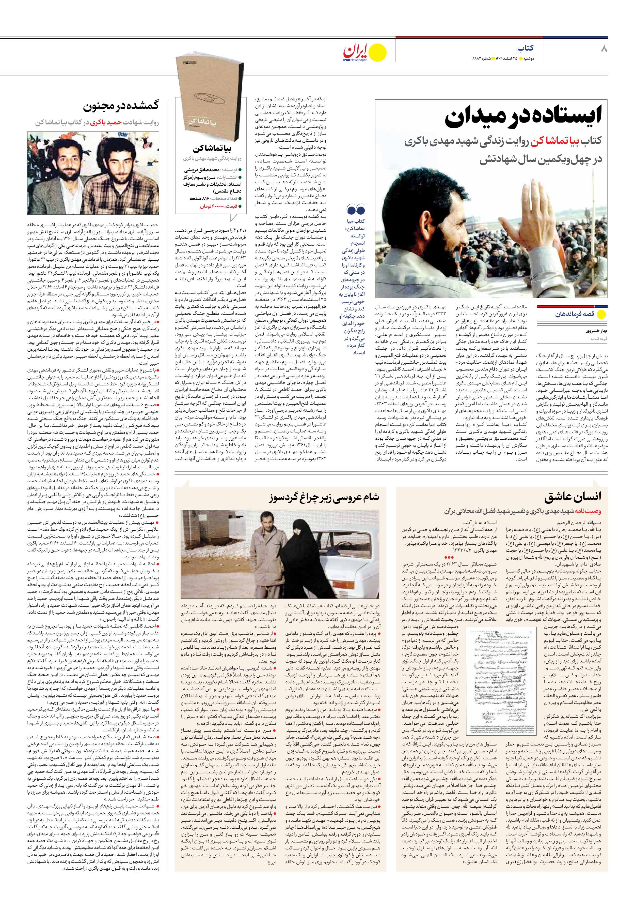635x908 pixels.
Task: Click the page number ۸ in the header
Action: click(604, 49)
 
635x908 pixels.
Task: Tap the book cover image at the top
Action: click(210, 99)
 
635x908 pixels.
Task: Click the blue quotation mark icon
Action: click(355, 210)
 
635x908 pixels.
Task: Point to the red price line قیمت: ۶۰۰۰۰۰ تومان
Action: click(218, 206)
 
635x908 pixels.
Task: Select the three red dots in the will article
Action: click(449, 557)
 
